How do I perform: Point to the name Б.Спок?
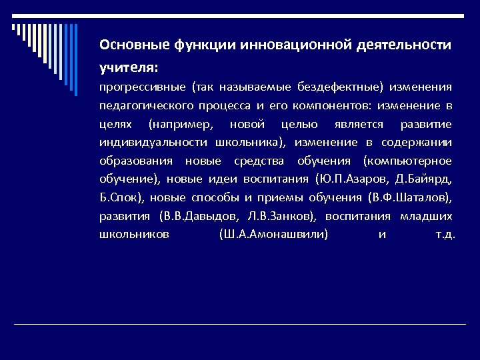(x=120, y=198)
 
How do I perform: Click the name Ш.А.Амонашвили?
(x=273, y=235)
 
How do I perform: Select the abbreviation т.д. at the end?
(x=445, y=235)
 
